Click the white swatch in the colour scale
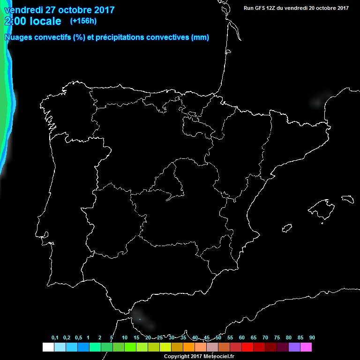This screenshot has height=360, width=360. pos(48,347)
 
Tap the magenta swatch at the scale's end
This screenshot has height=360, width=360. pos(306,347)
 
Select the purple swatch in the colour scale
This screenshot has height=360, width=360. pos(294,347)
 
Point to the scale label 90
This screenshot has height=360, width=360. pos(312,338)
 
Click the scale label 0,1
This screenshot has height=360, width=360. pos(55,338)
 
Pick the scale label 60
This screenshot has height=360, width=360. pos(242,338)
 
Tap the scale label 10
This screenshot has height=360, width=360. pos(125,338)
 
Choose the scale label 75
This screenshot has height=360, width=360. pos(277,338)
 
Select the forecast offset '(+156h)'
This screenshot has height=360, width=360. pos(83,21)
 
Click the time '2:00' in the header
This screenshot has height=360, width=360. pos(15,21)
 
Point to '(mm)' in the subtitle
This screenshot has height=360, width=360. pos(200,37)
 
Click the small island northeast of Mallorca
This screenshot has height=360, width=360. pos(348,198)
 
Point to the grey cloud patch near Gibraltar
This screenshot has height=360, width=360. pos(143,317)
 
